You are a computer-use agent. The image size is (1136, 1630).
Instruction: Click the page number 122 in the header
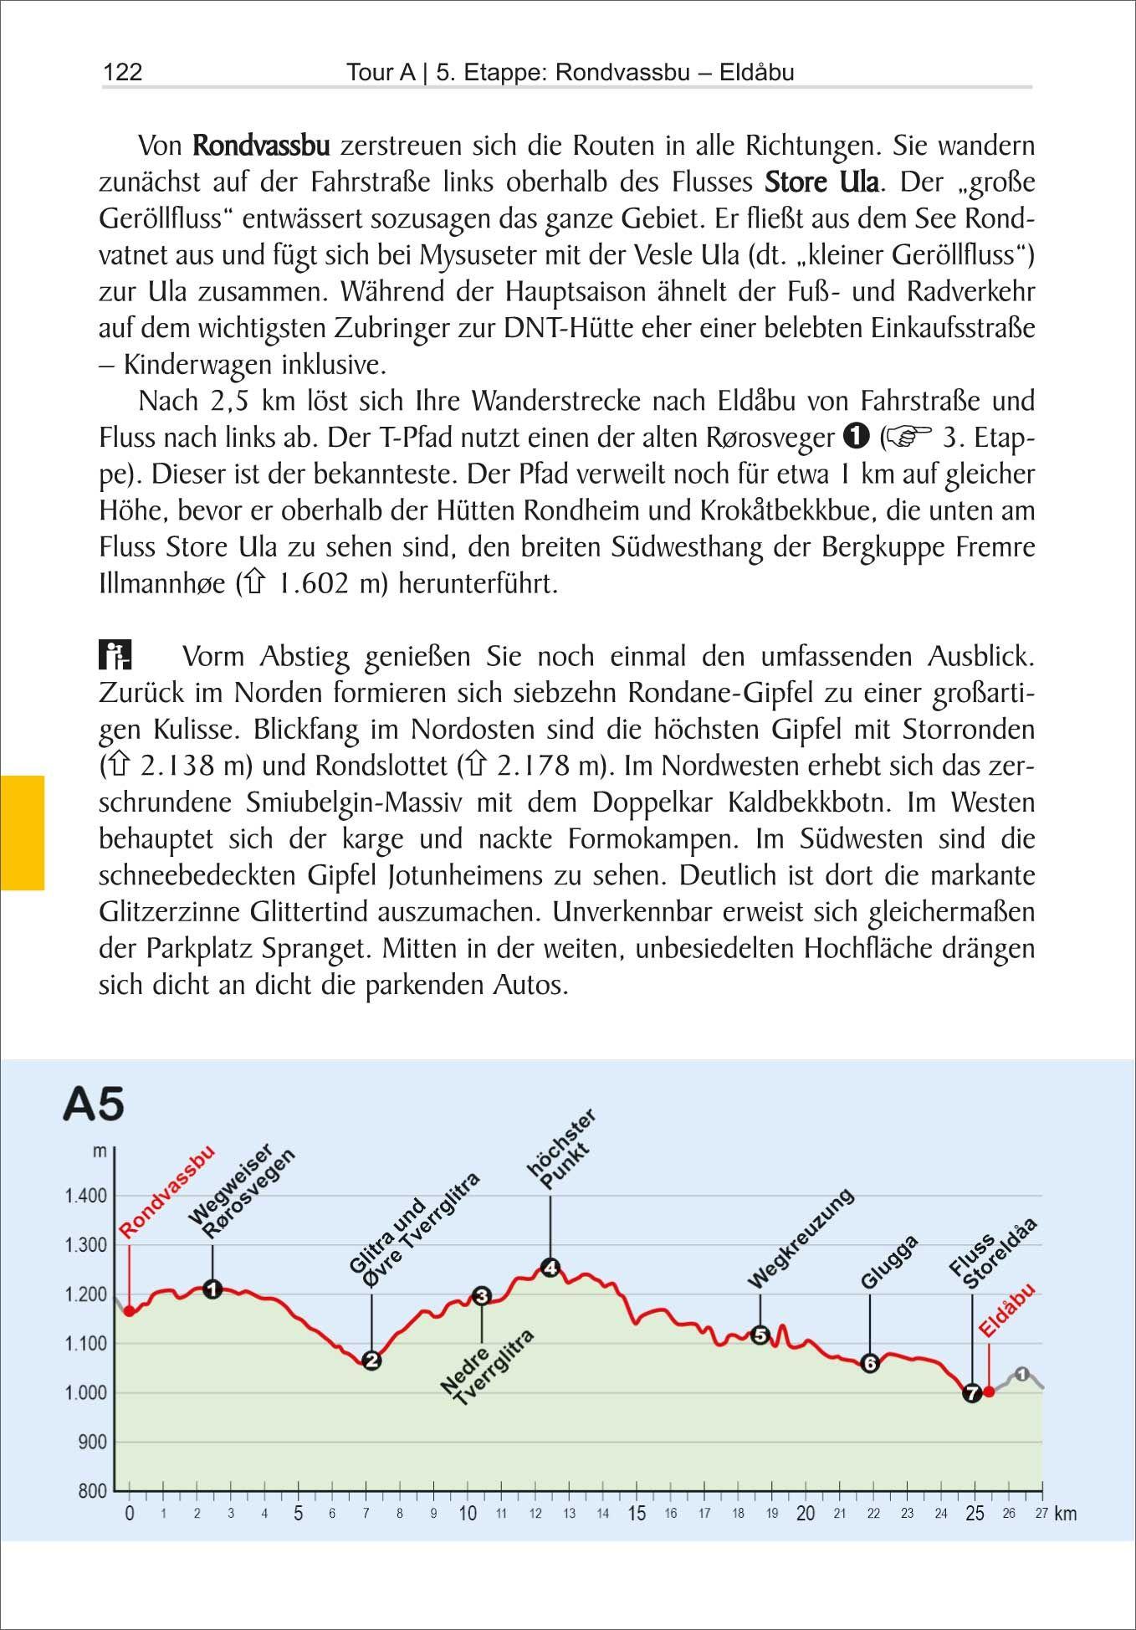[x=122, y=73]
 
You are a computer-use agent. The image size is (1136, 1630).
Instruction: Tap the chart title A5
[x=94, y=1104]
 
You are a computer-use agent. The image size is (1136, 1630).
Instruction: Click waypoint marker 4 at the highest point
[x=550, y=1268]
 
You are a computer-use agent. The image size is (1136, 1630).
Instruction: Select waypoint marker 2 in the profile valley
[x=371, y=1360]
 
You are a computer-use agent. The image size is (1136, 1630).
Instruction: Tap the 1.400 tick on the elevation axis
[x=86, y=1196]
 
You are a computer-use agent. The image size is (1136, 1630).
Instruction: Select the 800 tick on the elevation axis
[x=93, y=1491]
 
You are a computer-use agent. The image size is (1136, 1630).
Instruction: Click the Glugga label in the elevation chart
[x=889, y=1261]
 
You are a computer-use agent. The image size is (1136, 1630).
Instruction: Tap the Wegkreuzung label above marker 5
[x=801, y=1238]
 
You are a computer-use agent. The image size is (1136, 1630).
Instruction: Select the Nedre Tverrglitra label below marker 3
[x=488, y=1370]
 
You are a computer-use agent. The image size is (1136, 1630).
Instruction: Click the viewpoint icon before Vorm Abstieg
[x=115, y=655]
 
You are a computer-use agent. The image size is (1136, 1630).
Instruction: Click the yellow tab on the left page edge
[x=22, y=832]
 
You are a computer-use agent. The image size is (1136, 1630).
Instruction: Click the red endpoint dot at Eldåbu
[x=989, y=1392]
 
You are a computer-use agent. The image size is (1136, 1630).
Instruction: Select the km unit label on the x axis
[x=1066, y=1514]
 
